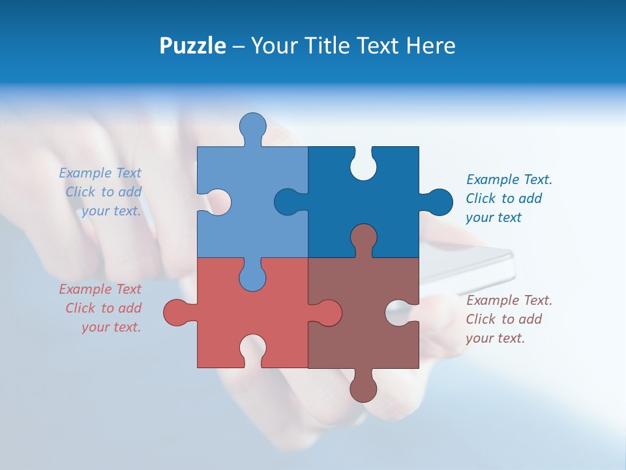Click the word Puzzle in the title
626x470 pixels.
tap(192, 46)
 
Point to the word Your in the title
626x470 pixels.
tap(273, 46)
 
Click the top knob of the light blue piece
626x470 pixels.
tap(252, 127)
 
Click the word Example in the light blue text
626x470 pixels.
tap(85, 173)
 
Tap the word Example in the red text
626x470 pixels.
tap(85, 289)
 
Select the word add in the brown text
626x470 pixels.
tap(530, 319)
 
